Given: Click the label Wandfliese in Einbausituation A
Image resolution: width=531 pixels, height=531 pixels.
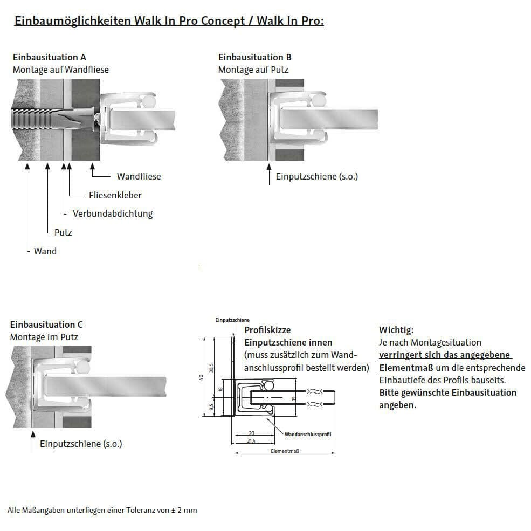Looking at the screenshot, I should (139, 176).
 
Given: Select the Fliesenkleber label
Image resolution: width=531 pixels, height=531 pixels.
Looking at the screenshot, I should (115, 195).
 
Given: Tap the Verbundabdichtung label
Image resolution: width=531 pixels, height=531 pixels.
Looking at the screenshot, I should (112, 213).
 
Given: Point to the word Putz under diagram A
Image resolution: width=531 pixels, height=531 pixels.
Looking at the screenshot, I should (63, 232).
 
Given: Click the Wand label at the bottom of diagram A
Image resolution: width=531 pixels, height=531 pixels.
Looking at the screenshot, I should (45, 251).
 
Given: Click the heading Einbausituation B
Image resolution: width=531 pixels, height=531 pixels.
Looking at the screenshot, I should (254, 57).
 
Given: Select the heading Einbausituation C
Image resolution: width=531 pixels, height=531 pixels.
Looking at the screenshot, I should (46, 325).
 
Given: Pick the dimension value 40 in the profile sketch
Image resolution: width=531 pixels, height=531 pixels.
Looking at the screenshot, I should (201, 377).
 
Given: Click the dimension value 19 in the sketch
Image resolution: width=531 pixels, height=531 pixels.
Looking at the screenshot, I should (294, 399).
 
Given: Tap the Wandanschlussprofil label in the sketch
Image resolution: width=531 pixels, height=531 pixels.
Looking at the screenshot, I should (307, 434).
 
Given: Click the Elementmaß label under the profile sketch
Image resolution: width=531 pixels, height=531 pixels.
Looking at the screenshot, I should (285, 451).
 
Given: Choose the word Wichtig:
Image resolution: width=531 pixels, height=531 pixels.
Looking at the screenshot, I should (396, 330).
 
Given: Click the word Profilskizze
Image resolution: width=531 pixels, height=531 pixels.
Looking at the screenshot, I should (267, 330).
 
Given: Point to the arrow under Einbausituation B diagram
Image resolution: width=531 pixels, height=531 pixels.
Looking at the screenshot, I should (269, 175).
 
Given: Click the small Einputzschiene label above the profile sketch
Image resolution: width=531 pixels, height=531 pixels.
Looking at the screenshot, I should (232, 320).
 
